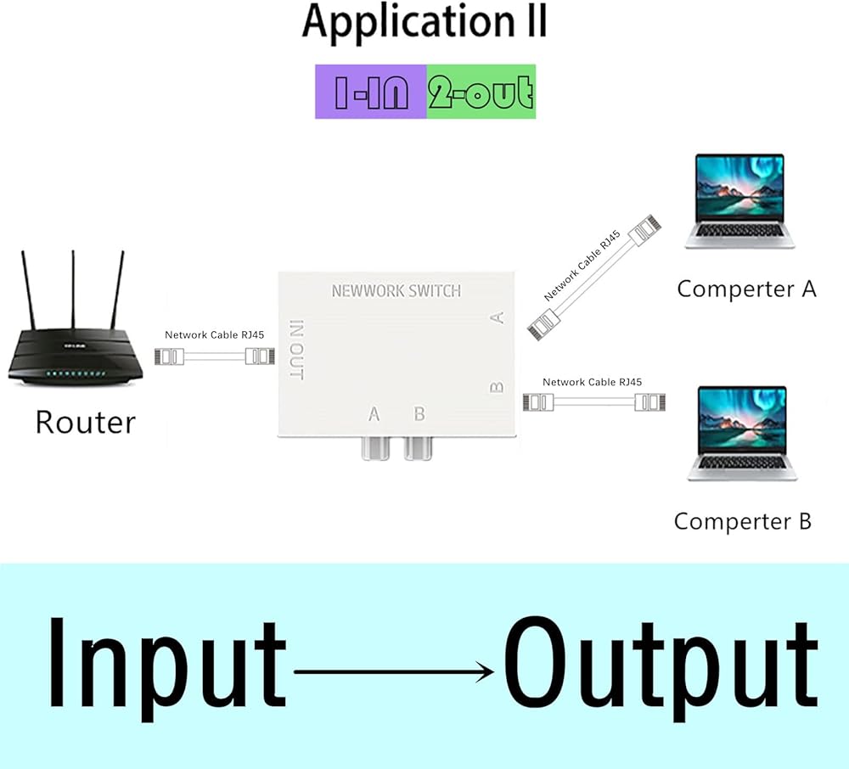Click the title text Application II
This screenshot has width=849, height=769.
[424, 24]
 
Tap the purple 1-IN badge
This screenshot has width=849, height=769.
[371, 92]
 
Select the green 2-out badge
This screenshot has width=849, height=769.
[481, 92]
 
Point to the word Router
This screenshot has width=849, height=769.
[85, 422]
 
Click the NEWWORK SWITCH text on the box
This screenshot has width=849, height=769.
[396, 291]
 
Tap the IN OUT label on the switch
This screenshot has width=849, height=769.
[296, 350]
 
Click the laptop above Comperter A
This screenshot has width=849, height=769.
[739, 201]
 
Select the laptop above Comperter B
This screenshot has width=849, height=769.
[741, 434]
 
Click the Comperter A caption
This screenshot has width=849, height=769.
[746, 289]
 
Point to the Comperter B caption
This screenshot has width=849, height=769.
[743, 521]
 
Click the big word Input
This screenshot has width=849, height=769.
[166, 664]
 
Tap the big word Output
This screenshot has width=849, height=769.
[661, 664]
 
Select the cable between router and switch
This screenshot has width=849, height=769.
[215, 356]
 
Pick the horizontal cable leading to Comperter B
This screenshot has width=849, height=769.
[593, 401]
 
